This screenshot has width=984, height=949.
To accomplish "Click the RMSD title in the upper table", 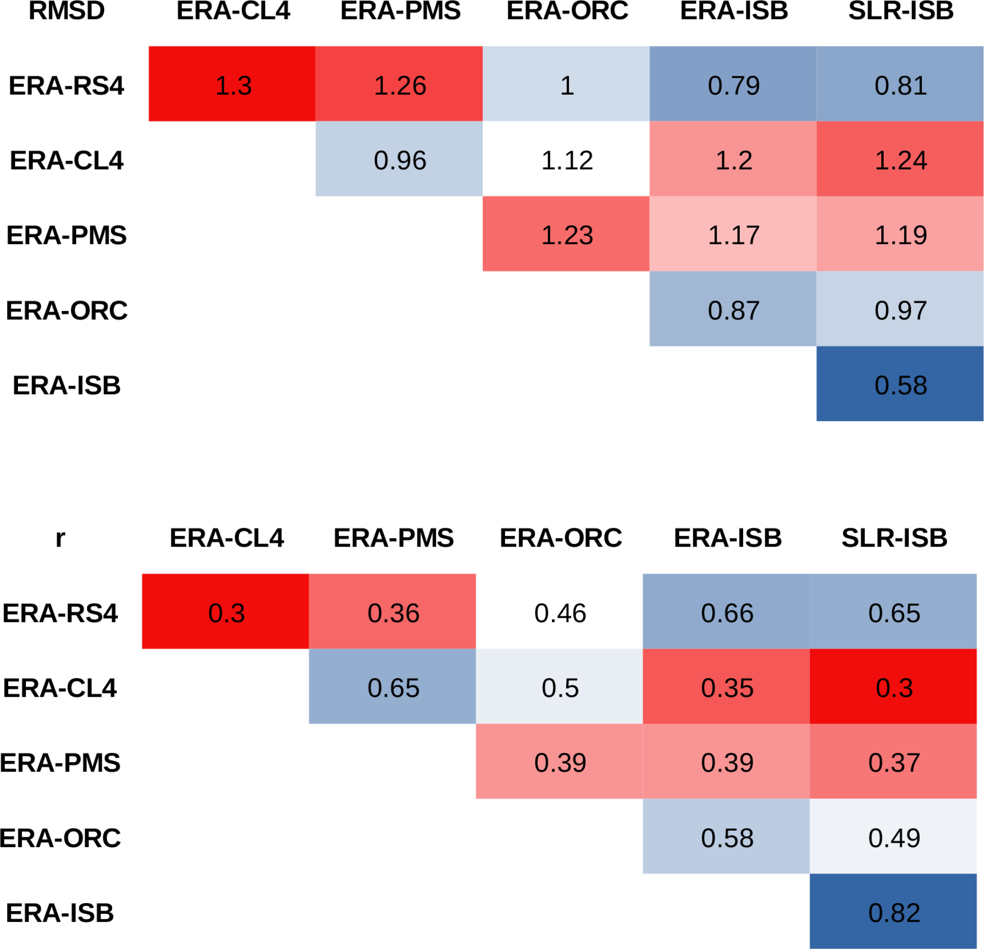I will pyautogui.click(x=66, y=10).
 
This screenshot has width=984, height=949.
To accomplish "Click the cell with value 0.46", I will pyautogui.click(x=560, y=612).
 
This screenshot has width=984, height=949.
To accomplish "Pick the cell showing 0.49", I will pyautogui.click(x=894, y=837).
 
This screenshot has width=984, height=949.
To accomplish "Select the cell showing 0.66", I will pyautogui.click(x=727, y=612).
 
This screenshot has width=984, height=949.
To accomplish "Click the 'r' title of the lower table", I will pyautogui.click(x=60, y=538).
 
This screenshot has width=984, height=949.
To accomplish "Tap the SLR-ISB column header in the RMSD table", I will pyautogui.click(x=901, y=10).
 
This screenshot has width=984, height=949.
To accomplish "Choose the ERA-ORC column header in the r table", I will pyautogui.click(x=560, y=538).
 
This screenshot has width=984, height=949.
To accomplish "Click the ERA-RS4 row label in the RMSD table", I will pyautogui.click(x=66, y=85).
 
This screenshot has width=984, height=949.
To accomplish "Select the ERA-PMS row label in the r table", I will pyautogui.click(x=60, y=762).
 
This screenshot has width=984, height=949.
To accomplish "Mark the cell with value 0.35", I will pyautogui.click(x=727, y=687).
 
